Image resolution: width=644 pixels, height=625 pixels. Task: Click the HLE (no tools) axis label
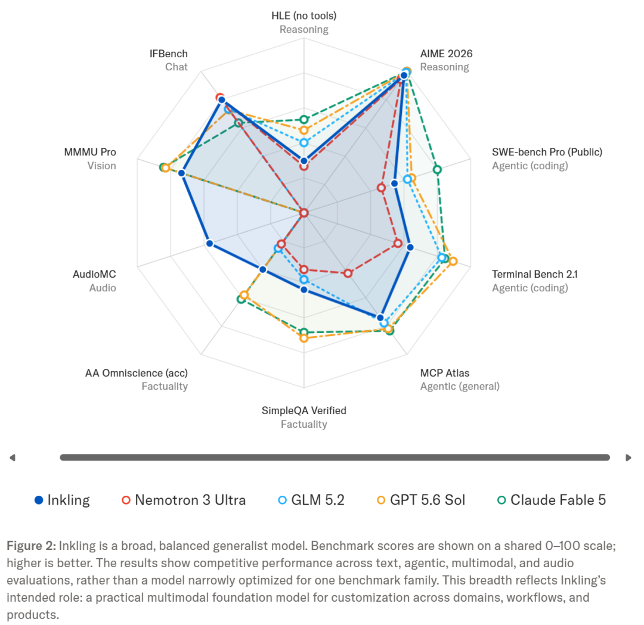pos(304,15)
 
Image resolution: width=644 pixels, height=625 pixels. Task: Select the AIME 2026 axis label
pos(446,54)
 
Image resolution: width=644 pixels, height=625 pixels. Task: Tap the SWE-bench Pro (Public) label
pos(547,153)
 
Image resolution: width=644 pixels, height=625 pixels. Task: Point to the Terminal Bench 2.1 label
pos(535,274)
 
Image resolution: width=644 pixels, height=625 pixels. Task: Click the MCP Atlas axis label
pos(444,373)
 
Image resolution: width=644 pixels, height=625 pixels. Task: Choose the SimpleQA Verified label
pos(304,411)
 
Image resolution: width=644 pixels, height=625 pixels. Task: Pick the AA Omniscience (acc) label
pos(137,373)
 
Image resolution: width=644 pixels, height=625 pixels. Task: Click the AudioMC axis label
pos(94,274)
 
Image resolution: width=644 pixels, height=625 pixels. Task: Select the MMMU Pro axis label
pos(90,153)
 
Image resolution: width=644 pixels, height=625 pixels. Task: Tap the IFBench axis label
pos(168,54)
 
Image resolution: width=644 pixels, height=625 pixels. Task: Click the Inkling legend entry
pos(62,500)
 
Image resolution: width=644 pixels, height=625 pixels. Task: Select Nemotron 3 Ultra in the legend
pos(184,500)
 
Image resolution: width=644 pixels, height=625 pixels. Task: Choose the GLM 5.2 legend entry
pos(311,500)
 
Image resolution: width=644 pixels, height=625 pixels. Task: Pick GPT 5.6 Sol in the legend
pos(421,500)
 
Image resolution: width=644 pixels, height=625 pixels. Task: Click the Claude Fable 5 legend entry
pos(552,500)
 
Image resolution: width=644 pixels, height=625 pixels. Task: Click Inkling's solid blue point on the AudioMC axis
pos(209,244)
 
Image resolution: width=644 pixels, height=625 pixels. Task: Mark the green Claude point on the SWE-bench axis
pos(438,169)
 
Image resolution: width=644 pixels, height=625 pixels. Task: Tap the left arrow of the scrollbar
pos(13,458)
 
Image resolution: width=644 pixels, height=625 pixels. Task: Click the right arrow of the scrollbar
pos(628,458)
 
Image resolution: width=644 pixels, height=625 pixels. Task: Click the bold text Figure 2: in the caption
pos(31,546)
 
